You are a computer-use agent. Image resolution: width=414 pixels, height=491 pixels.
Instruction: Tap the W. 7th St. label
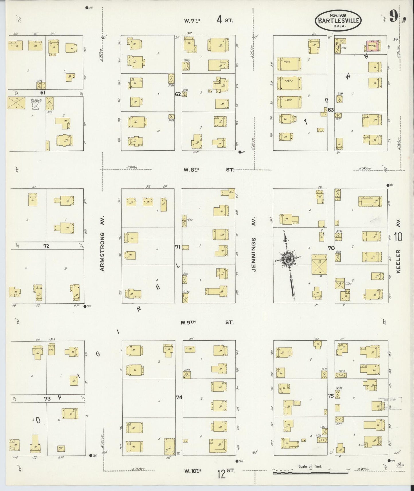[209, 20]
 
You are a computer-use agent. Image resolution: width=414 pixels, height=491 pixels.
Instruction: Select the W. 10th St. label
[209, 471]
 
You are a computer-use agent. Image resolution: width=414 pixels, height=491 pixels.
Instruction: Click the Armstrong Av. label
[103, 243]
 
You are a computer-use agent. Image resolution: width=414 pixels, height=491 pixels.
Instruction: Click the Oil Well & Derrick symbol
[36, 105]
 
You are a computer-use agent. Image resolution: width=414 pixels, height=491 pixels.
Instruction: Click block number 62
[178, 94]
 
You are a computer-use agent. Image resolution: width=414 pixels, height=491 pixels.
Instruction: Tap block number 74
[179, 397]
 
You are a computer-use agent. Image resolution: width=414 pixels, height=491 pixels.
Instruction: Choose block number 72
[46, 246]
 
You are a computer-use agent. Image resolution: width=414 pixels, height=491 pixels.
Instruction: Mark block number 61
[43, 93]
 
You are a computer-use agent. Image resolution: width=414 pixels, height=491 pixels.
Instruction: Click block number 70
[331, 248]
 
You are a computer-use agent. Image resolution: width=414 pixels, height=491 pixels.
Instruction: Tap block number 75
[331, 396]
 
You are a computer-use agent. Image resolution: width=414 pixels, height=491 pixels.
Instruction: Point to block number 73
[47, 399]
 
